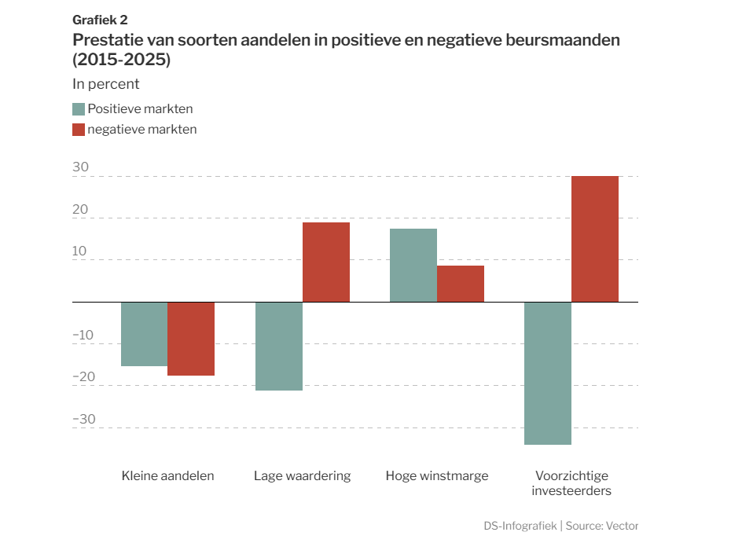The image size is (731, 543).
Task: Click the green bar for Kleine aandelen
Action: (144, 334)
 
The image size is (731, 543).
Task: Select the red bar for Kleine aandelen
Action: (191, 339)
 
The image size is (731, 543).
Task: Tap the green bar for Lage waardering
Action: (279, 347)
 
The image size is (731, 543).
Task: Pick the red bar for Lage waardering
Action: (326, 262)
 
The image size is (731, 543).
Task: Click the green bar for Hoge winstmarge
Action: (413, 265)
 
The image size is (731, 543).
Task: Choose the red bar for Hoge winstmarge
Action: (461, 284)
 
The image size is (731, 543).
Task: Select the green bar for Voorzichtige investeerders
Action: (548, 373)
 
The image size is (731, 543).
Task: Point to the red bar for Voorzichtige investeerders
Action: (595, 239)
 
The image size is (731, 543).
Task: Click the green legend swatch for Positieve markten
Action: (79, 109)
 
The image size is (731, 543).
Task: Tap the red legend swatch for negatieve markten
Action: (79, 130)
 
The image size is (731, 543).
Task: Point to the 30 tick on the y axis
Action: (81, 167)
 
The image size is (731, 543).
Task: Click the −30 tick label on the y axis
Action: (84, 419)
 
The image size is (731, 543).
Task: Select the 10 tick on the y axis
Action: (79, 251)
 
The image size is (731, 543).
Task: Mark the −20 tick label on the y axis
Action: (84, 376)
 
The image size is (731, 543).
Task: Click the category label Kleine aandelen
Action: (168, 476)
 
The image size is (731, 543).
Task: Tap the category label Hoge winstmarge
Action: (437, 476)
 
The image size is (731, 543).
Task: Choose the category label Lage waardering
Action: (302, 476)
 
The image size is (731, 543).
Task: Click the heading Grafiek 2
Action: (100, 20)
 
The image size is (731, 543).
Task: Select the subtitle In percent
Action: (106, 84)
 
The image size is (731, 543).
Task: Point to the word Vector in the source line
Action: (622, 526)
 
